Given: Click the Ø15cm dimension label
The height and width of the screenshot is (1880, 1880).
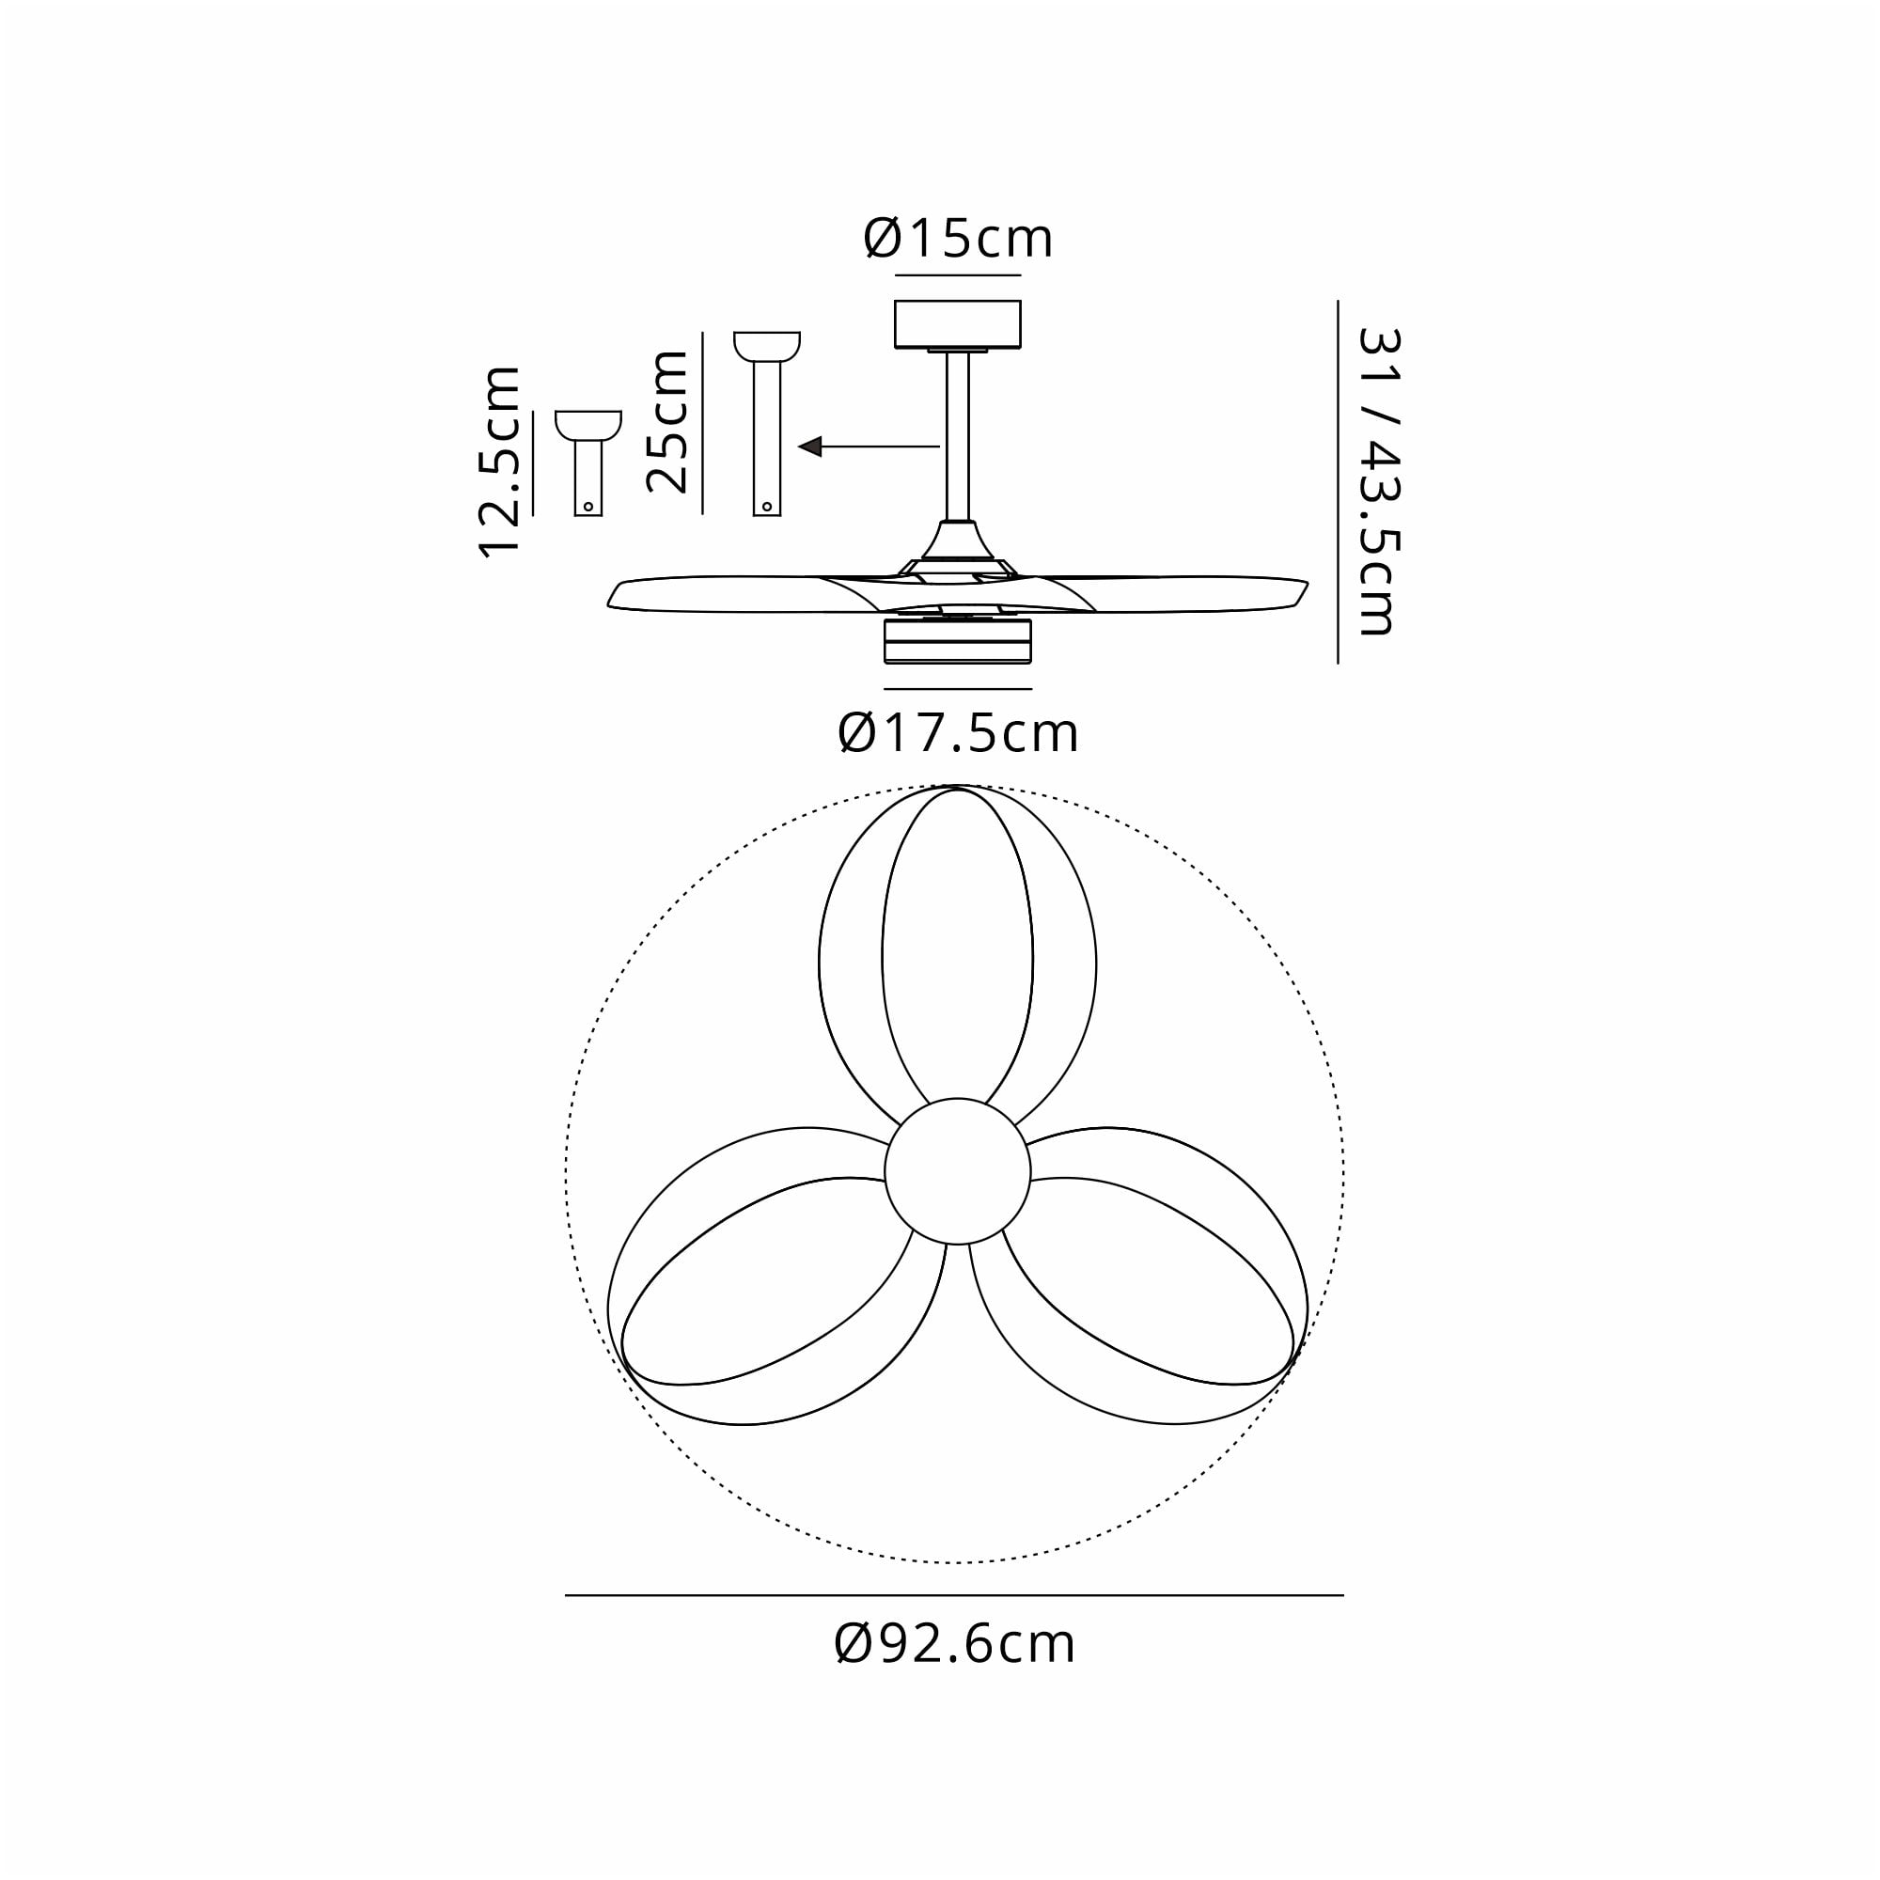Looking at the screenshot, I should point(958,240).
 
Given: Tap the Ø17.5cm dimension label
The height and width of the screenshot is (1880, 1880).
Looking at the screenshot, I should point(958,735).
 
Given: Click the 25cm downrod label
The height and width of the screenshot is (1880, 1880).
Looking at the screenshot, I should point(668,421).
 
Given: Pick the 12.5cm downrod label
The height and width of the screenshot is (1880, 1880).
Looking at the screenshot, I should point(500,462).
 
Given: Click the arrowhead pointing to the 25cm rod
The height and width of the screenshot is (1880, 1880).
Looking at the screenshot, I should point(809,446).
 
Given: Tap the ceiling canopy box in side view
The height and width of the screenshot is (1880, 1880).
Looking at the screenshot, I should point(958,323).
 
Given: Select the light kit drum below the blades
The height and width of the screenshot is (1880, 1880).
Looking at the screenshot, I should point(958,642).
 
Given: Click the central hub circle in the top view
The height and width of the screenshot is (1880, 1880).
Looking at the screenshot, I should point(958,1171).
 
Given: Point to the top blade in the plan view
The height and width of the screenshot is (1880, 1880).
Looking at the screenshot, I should point(958,953).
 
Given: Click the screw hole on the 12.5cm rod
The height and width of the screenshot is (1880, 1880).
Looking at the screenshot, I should point(587,507).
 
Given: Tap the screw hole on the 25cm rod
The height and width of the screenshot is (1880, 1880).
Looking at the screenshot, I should point(767,507).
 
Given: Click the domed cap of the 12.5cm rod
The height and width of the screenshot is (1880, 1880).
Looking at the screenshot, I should point(587,424).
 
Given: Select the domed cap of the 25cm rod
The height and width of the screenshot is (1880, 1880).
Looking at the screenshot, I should point(767,345).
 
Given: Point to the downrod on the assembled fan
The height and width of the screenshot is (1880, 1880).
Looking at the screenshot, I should point(958,438).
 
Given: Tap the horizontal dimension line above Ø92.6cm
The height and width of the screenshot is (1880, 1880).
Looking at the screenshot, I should point(955,1596).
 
